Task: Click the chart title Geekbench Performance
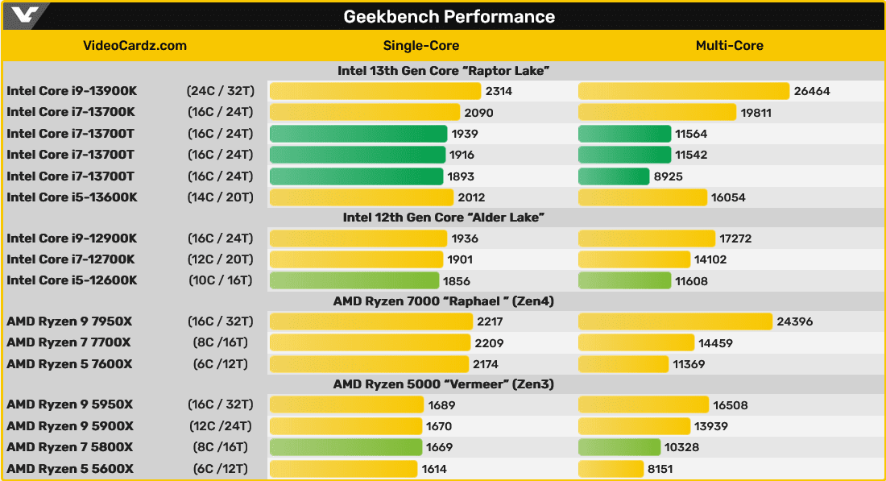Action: coord(449,16)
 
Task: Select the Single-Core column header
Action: coord(421,45)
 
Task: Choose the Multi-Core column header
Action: coord(729,45)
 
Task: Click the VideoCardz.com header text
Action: coord(135,45)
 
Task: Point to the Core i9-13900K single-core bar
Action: coord(375,91)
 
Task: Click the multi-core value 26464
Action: coord(812,91)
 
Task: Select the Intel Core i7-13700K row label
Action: coord(71,112)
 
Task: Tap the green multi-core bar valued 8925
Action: coord(614,176)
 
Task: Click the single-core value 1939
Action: coord(466,134)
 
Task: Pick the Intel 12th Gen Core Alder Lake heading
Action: coord(443,217)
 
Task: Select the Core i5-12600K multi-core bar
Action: coord(624,280)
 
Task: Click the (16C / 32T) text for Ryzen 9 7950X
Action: coord(220,321)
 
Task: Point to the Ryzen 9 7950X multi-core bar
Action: coord(675,321)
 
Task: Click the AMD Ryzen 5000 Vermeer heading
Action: coord(443,384)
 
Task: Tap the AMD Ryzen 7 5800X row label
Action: coord(70,447)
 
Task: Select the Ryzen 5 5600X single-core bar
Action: coord(343,469)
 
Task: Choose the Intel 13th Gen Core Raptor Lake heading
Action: coord(443,71)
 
